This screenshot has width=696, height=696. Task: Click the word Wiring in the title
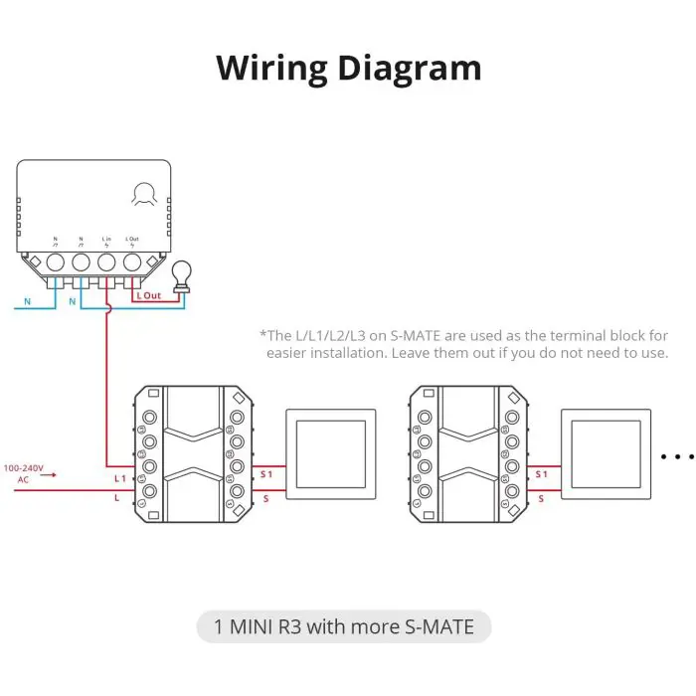[270, 68]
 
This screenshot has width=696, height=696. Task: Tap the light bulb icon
[182, 277]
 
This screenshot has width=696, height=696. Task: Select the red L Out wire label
[148, 296]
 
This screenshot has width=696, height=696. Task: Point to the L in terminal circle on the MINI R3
[106, 262]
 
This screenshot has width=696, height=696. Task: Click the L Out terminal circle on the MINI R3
[132, 262]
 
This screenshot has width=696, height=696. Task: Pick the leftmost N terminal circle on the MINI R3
[55, 262]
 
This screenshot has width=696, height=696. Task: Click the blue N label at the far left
[27, 300]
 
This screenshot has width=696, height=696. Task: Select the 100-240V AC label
[23, 472]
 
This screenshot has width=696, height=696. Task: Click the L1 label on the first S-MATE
[118, 479]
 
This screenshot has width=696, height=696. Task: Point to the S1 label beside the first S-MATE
[265, 475]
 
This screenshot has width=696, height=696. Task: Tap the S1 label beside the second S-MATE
[541, 475]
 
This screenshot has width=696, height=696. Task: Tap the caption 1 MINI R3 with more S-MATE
[343, 627]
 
